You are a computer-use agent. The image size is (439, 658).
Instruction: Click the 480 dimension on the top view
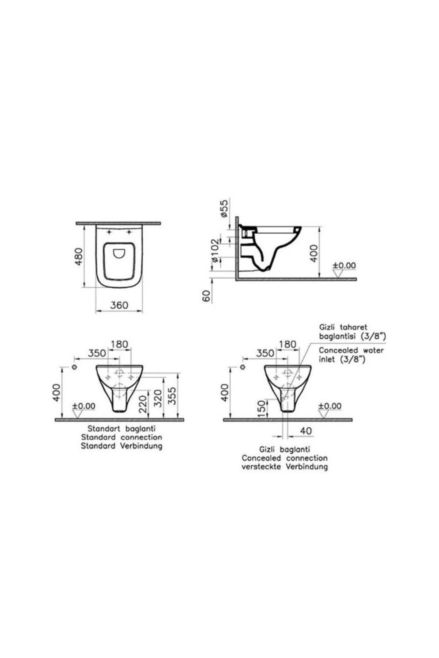(x=79, y=256)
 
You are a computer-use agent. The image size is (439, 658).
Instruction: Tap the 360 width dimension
(x=119, y=305)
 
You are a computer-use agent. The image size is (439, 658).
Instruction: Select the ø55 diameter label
(x=224, y=208)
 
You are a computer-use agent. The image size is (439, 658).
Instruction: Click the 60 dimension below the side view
(x=207, y=296)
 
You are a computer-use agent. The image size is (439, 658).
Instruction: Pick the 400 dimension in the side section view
(x=314, y=253)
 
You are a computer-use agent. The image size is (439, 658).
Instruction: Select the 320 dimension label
(x=158, y=398)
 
